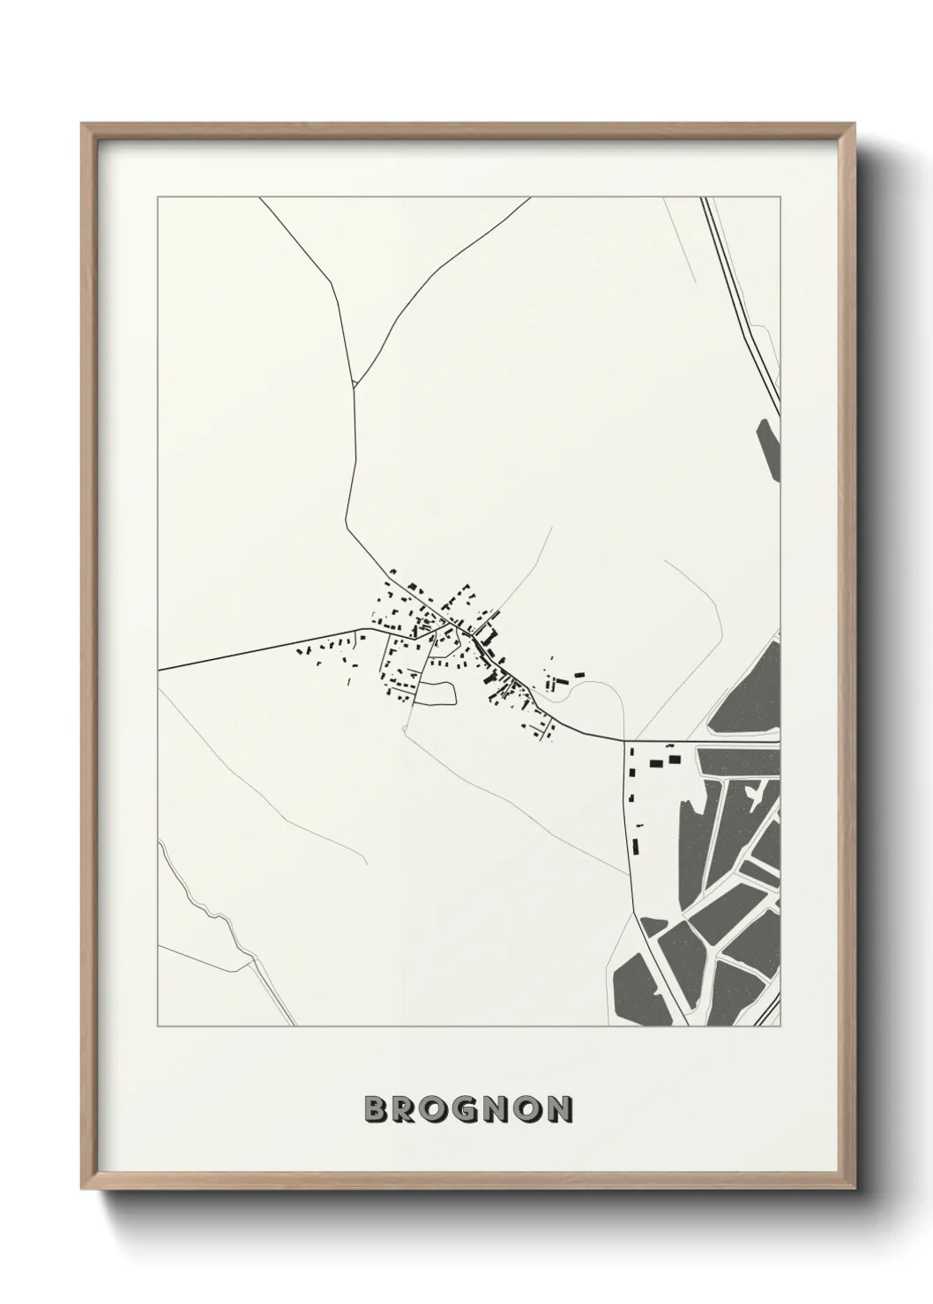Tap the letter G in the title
click(x=472, y=1110)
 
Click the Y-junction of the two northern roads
click(x=354, y=385)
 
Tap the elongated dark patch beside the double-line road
click(x=768, y=449)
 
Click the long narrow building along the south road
click(x=635, y=848)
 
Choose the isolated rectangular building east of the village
click(x=579, y=675)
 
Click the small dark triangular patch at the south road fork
click(x=652, y=925)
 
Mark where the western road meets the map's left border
click(x=159, y=671)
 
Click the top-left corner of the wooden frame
click(x=82, y=124)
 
